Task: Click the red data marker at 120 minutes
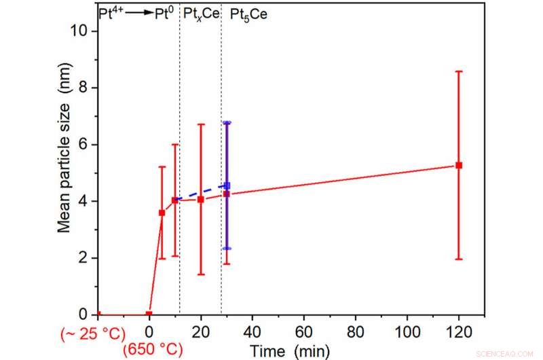[459, 165]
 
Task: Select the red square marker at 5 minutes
[162, 213]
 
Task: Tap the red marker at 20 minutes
[201, 199]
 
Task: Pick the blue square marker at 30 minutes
[227, 185]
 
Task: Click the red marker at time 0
[149, 314]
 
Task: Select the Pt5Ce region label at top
[248, 13]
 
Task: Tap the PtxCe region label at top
[202, 13]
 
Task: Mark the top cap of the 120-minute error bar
[459, 71]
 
